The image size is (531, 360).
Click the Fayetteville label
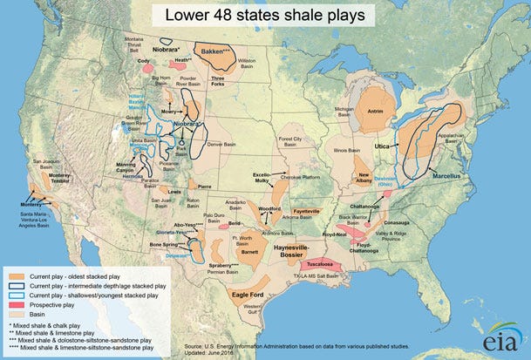[x=311, y=211]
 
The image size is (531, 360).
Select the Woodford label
[x=268, y=209]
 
